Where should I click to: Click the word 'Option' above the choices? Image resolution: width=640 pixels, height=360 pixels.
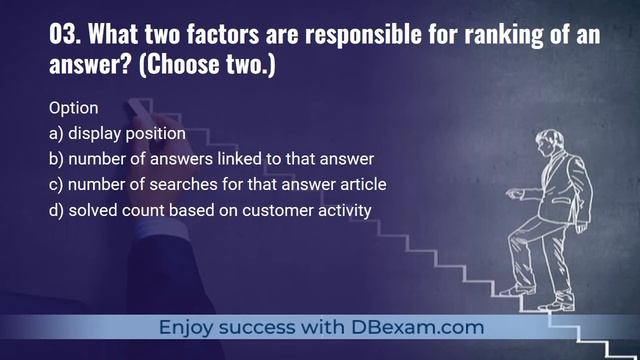pos(73,107)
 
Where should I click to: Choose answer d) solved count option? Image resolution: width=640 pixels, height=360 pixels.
pos(210,210)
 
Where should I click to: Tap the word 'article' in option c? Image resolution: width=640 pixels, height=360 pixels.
pos(361,184)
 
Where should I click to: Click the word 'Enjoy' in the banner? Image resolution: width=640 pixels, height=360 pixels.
pos(188,327)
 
